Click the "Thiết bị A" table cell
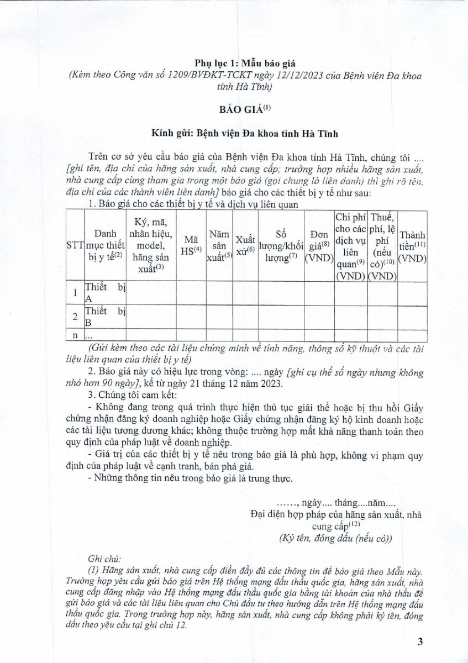coord(104,293)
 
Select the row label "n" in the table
coord(75,335)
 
